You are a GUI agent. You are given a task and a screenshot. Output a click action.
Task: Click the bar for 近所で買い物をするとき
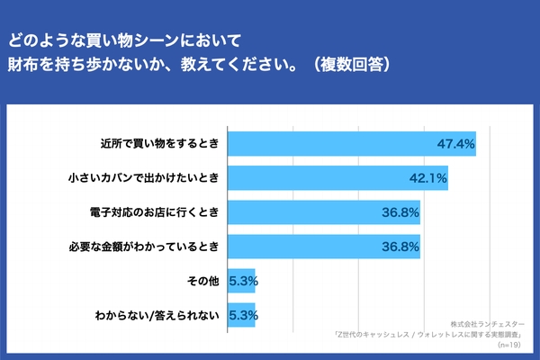352,144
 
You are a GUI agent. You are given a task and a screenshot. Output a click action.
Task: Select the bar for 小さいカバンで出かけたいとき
338,178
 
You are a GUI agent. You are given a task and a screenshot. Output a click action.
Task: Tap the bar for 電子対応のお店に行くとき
324,212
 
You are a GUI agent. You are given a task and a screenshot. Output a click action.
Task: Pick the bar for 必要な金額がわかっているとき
324,247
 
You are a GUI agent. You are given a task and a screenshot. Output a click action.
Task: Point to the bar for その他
242,281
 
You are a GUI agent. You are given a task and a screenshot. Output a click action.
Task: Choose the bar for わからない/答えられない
242,315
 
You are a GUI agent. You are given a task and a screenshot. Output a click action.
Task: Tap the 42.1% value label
428,178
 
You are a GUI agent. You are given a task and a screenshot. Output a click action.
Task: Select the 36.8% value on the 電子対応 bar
400,212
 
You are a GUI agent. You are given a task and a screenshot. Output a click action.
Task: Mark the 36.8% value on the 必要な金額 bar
400,247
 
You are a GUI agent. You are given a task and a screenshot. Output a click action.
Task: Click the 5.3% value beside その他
245,281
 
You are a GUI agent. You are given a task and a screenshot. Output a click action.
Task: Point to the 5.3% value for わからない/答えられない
245,315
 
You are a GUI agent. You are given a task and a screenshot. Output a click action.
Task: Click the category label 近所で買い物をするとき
162,144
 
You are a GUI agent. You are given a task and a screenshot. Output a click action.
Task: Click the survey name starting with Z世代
431,334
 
